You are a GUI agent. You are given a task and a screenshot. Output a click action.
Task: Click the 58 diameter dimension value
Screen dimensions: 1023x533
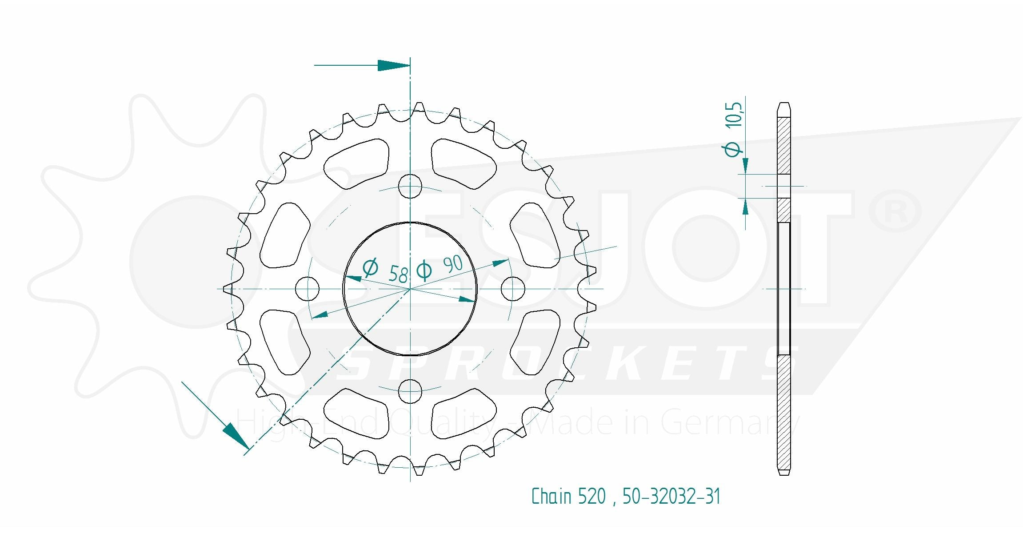(398, 274)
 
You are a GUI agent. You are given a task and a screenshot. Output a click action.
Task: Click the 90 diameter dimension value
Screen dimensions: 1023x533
(453, 265)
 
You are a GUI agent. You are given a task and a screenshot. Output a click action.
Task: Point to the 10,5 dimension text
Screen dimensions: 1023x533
(734, 115)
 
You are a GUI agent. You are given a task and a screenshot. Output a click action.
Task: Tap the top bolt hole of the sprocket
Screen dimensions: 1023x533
(410, 187)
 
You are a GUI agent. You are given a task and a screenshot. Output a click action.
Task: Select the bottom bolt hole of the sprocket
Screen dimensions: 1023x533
(410, 391)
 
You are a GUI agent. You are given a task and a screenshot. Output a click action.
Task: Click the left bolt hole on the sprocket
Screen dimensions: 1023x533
(307, 289)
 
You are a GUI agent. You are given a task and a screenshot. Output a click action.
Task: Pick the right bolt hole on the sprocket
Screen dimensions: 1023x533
(512, 289)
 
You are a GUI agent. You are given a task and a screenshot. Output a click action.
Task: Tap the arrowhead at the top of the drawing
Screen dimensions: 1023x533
(394, 65)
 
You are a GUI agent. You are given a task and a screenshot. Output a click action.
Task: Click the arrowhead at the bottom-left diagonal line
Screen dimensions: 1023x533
(235, 435)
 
